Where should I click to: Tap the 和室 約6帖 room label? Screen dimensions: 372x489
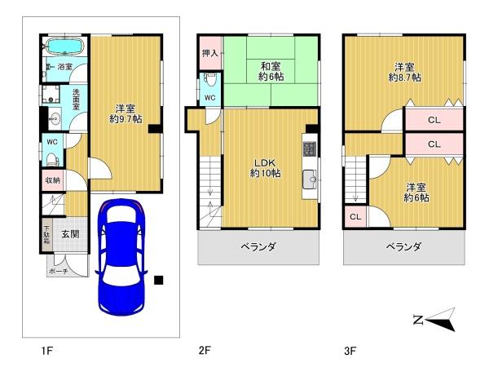pyautogui.click(x=271, y=71)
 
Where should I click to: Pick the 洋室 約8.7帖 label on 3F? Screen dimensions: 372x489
pyautogui.click(x=403, y=72)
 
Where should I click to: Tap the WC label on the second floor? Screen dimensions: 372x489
pyautogui.click(x=209, y=99)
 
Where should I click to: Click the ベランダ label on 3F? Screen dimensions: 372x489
pyautogui.click(x=403, y=246)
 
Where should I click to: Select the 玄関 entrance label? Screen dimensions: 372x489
pyautogui.click(x=70, y=234)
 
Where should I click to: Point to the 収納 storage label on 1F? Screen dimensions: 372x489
pyautogui.click(x=51, y=180)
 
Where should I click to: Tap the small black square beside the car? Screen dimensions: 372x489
pyautogui.click(x=159, y=281)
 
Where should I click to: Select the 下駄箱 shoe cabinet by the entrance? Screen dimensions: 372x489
pyautogui.click(x=46, y=234)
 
